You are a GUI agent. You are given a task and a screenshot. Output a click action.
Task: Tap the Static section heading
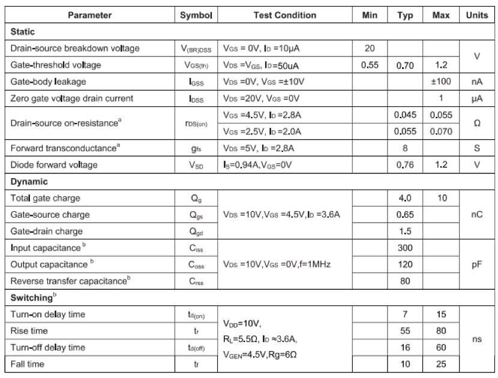(x=23, y=31)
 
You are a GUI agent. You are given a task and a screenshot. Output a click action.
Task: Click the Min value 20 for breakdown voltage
(x=370, y=48)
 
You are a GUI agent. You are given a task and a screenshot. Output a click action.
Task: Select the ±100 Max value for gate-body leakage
(x=440, y=81)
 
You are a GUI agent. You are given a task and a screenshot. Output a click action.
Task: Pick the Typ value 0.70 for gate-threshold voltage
(x=405, y=65)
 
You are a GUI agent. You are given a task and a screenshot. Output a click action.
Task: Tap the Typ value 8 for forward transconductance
(x=405, y=148)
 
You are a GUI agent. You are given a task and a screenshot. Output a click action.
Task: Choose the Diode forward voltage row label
(x=54, y=164)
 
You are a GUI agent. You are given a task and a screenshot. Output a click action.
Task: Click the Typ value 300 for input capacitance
(x=405, y=248)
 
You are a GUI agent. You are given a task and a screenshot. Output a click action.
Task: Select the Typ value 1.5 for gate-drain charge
(x=405, y=231)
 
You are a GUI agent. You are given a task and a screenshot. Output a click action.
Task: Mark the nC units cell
(x=477, y=215)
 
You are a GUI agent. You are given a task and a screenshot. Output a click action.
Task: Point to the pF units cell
(x=477, y=265)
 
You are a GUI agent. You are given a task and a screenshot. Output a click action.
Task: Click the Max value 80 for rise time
(x=440, y=331)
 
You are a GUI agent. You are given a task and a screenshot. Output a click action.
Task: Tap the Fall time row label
(x=28, y=364)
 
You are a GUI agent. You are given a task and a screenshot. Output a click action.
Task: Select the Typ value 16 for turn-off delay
(x=405, y=347)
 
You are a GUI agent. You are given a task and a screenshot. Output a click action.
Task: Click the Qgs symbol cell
(x=196, y=215)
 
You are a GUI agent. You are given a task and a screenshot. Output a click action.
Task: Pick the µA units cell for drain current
(x=477, y=98)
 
